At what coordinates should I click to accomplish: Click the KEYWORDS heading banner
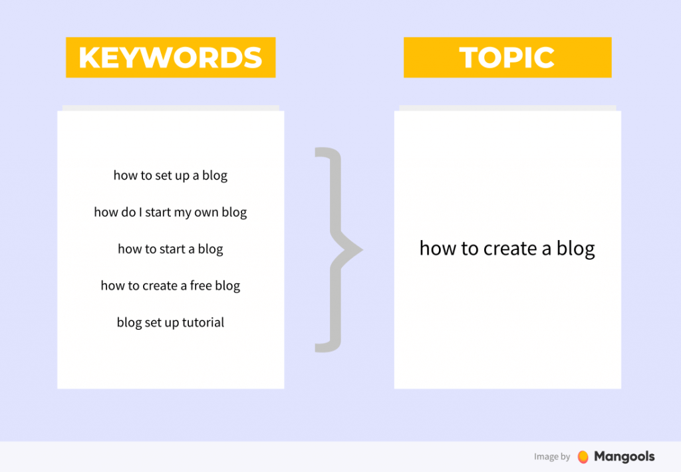click(x=170, y=58)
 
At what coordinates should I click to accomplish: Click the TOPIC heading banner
click(x=507, y=58)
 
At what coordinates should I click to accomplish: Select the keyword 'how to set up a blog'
click(x=170, y=176)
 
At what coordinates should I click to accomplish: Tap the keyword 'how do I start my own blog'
click(x=170, y=213)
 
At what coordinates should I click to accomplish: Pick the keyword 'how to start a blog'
click(x=170, y=249)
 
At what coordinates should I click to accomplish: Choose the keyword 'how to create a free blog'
click(x=170, y=286)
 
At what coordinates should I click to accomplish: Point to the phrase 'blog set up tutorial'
click(x=170, y=322)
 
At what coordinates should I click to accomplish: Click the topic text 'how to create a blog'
click(x=507, y=249)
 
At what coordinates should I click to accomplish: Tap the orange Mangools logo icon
click(x=583, y=457)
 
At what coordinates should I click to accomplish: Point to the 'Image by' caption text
click(x=552, y=457)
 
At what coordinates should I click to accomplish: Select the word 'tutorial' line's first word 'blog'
click(x=129, y=322)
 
